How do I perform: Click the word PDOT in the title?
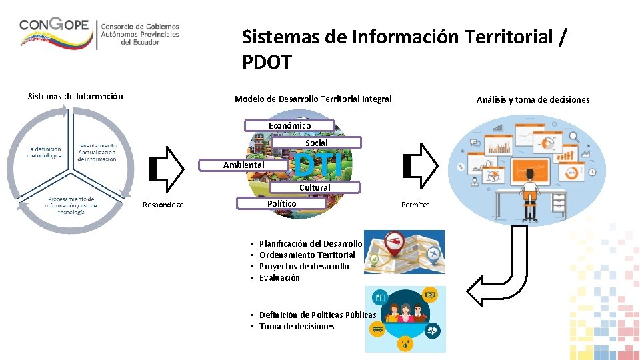coord(267,63)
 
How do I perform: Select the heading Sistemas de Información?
coord(75,96)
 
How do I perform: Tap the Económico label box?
coord(289,125)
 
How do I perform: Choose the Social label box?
coord(317,143)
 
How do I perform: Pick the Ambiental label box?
coord(244,165)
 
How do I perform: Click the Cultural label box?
coord(315,187)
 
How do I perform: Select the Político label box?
coord(282,203)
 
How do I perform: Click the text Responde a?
coord(163,205)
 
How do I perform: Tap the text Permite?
coord(415,205)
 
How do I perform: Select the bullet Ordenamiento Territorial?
coord(307,255)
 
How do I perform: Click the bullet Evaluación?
coord(280,278)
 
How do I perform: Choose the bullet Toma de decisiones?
coord(297,327)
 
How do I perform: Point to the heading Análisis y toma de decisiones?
coord(533,100)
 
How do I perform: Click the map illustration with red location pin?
coord(405,251)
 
